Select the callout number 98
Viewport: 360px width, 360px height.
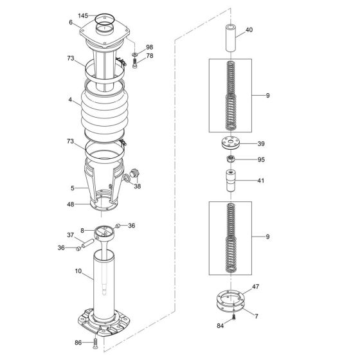point(149,48)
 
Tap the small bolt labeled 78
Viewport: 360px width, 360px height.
point(135,64)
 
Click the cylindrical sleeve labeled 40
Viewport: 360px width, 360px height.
point(230,39)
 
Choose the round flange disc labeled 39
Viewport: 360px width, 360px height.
point(230,145)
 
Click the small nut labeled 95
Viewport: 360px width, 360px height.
point(230,159)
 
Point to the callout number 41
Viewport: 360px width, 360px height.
point(260,181)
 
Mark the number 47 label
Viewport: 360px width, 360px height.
point(255,286)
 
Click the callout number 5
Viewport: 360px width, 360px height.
point(72,188)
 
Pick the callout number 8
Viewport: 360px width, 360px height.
point(83,229)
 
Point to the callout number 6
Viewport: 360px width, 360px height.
point(71,22)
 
